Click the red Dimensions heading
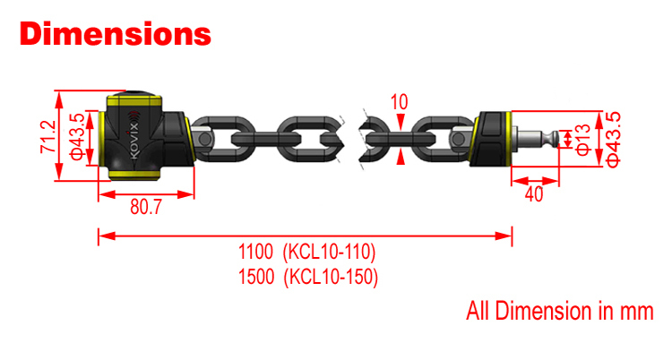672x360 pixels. pos(116,34)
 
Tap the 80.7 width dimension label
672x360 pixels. pos(145,208)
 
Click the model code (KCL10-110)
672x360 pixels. pos(329,251)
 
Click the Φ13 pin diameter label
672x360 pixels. pos(583,139)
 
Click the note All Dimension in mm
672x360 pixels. pos(560,312)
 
